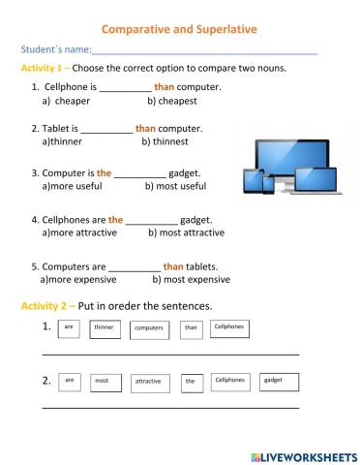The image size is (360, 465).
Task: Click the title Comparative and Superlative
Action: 180,29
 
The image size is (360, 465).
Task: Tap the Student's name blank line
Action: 205,50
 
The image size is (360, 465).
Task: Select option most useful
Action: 175,186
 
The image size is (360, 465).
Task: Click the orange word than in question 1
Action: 164,87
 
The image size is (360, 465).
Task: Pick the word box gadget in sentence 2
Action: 273,382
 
